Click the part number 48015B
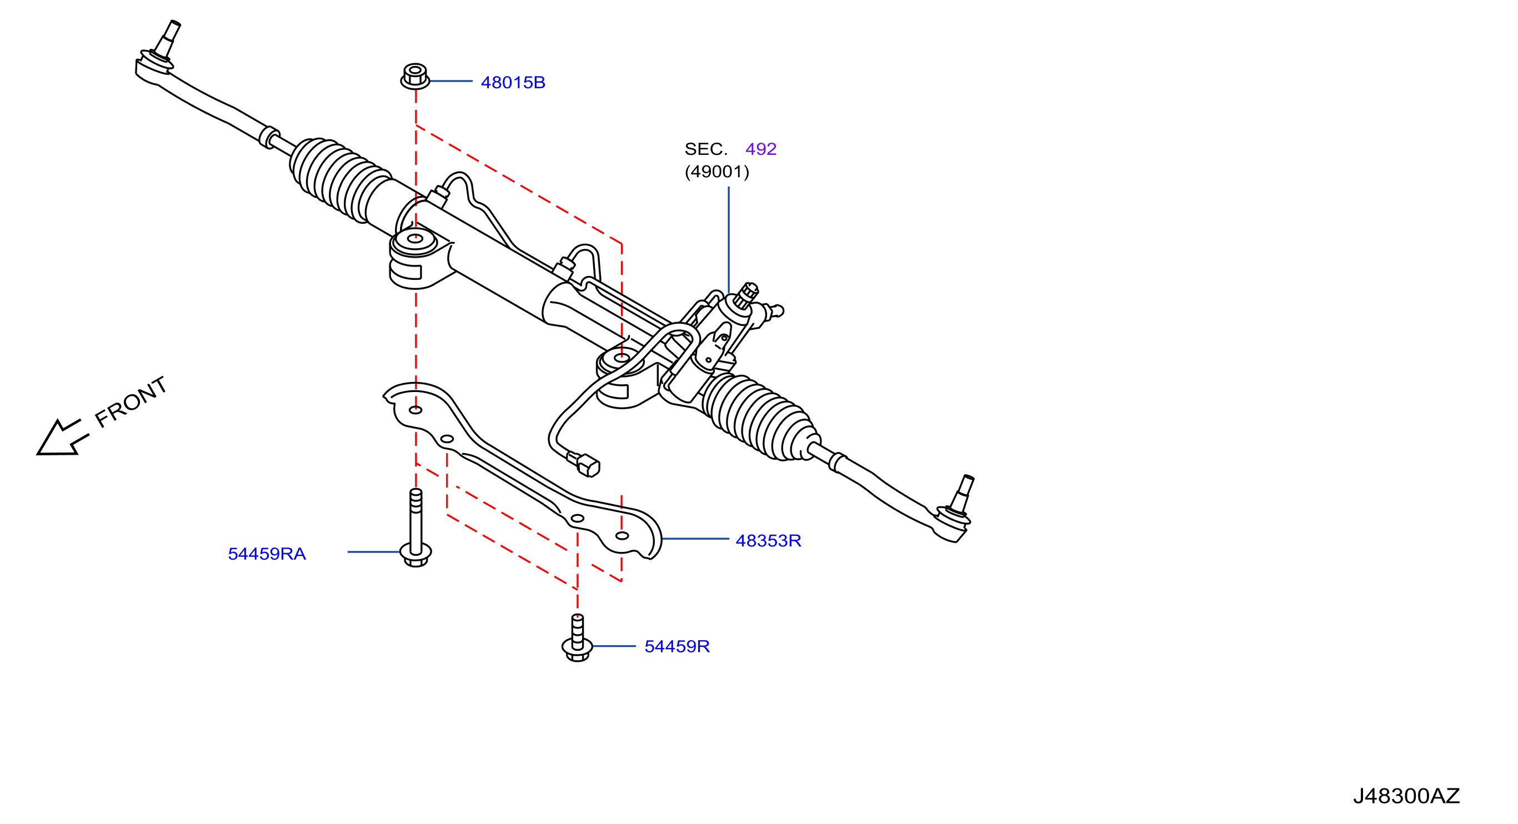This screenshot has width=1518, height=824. (x=513, y=83)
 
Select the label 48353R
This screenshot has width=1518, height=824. (x=768, y=541)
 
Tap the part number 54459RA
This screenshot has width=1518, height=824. (x=267, y=554)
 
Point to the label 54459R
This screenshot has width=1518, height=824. (x=677, y=646)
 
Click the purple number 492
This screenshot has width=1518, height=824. (x=761, y=149)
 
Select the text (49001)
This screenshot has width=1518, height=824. (x=717, y=172)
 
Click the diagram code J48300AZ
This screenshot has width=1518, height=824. (x=1406, y=796)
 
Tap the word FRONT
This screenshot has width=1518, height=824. (x=132, y=401)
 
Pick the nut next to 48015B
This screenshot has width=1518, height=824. (x=415, y=77)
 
